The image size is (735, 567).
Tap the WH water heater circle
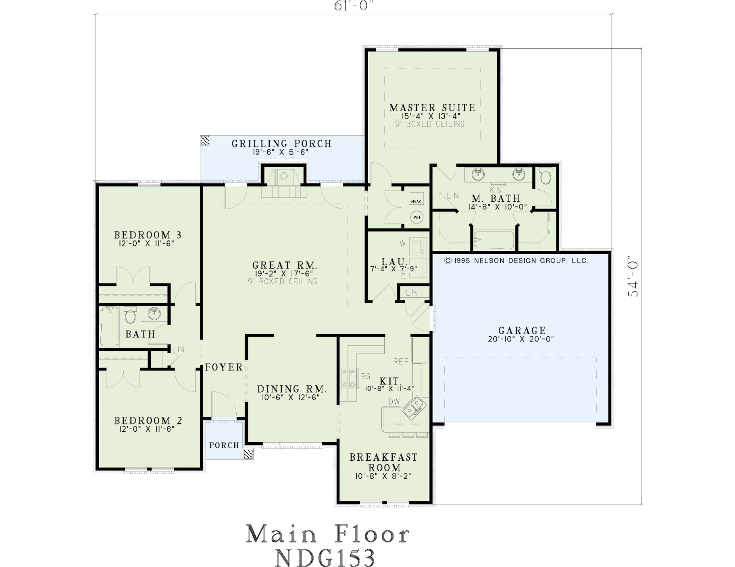point(417,217)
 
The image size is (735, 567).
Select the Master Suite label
point(432,108)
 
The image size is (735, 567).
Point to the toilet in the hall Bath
point(130,315)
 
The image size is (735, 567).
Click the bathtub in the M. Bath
point(494,241)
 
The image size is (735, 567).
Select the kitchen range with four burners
point(349,379)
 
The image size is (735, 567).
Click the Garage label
point(522,331)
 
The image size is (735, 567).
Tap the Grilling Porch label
point(281,143)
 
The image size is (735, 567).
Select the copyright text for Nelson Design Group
point(516,261)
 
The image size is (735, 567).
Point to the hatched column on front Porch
point(249,455)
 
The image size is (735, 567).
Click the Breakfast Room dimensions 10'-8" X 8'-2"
point(383,476)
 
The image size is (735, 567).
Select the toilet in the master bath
point(545,176)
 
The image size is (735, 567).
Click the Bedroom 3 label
point(148,235)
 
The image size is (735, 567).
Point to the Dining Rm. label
point(292,389)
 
